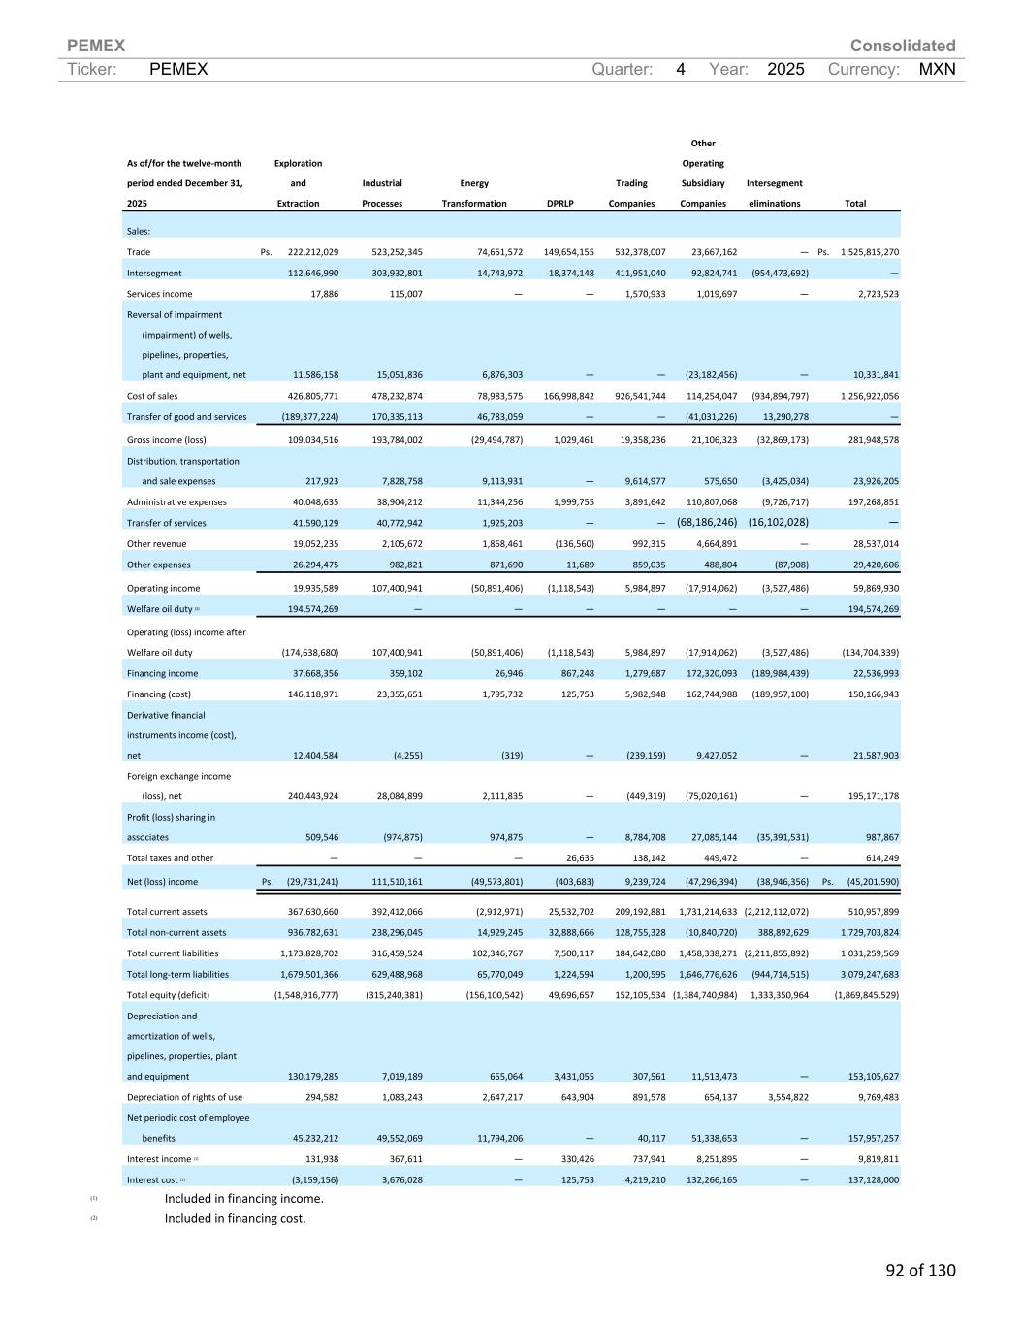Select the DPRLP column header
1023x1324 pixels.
[560, 204]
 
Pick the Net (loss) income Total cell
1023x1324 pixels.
[872, 882]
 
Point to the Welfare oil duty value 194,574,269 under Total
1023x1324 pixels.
[870, 609]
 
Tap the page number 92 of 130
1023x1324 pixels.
[920, 1270]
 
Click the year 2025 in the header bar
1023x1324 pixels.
[785, 70]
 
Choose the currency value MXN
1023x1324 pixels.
[937, 70]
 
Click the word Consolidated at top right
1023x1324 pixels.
[902, 46]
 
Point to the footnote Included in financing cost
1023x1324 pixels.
[235, 1218]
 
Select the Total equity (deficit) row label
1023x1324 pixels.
[168, 995]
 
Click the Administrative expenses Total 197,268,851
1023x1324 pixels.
[870, 502]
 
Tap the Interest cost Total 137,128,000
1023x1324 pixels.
[870, 1180]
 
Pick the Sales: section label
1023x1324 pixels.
[139, 231]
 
